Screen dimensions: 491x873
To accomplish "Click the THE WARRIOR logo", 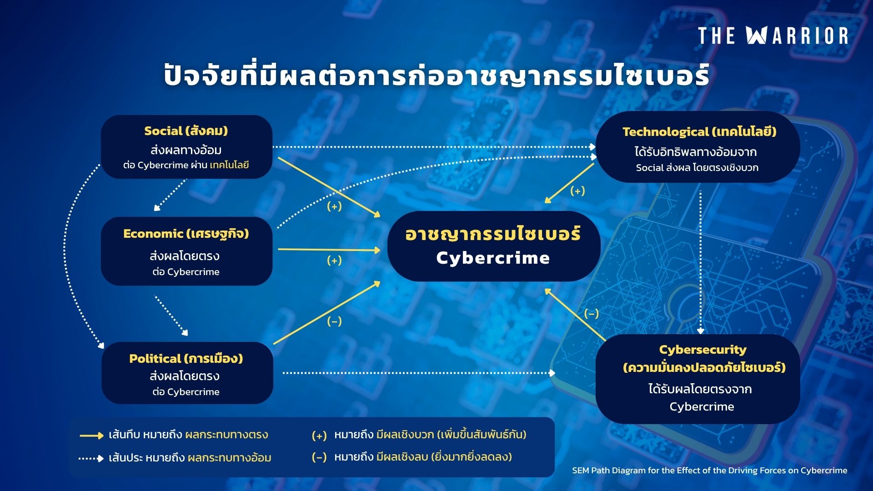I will tap(773, 35).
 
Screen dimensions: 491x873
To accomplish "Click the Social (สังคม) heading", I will tap(186, 131).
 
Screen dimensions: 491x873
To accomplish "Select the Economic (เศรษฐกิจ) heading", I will tap(186, 234).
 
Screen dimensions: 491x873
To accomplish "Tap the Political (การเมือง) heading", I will tap(186, 359).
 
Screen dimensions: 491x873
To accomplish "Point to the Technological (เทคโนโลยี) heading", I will tap(699, 132).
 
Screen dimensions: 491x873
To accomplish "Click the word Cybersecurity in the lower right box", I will tap(702, 350).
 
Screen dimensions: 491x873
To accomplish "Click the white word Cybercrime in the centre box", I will tap(493, 258).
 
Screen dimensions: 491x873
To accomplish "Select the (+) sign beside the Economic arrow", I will tap(334, 261).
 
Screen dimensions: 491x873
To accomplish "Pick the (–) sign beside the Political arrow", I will tap(334, 321).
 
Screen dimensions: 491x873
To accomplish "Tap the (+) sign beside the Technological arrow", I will tap(577, 191).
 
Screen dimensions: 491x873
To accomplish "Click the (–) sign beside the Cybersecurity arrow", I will tap(591, 314).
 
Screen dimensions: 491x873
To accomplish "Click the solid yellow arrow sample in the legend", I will tap(91, 436).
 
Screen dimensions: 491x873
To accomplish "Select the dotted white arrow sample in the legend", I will tap(91, 458).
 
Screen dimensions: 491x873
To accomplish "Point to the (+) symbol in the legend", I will tap(319, 436).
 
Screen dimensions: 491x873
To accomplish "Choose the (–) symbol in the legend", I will tap(319, 457).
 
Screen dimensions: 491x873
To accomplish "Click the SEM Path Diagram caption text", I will tap(709, 471).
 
